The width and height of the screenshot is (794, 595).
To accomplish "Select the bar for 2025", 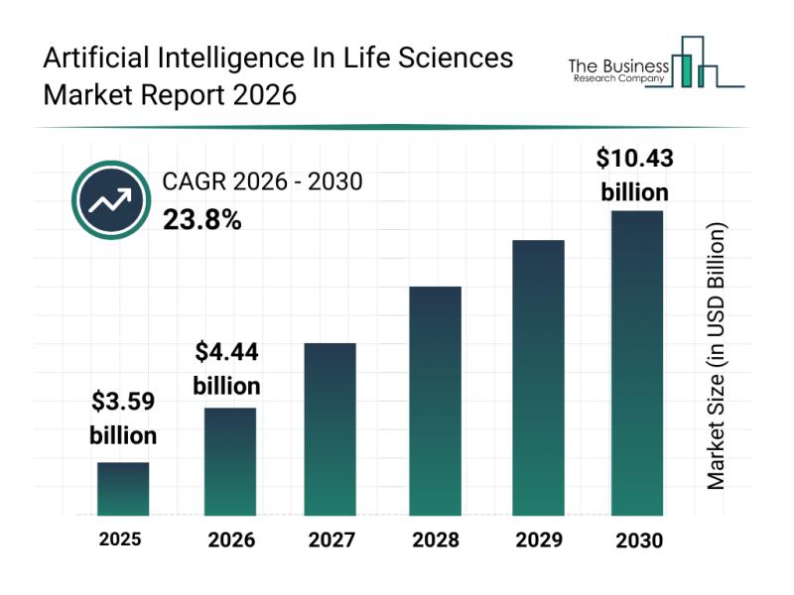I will tap(123, 489).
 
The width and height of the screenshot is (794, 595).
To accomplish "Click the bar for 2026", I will tap(230, 461).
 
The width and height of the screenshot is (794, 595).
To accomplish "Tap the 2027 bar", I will tap(331, 428).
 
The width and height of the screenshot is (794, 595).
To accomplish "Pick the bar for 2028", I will tap(435, 401).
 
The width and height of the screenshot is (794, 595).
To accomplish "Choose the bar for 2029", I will tap(538, 378).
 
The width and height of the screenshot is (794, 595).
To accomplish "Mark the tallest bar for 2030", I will tap(636, 363).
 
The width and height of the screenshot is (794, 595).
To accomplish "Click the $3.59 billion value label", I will tap(123, 418).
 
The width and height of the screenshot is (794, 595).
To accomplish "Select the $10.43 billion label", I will tap(636, 175).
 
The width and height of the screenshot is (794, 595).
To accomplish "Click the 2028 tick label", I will tap(435, 540).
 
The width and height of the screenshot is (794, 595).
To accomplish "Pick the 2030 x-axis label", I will tap(638, 540).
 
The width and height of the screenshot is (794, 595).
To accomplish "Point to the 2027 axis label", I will tap(331, 540).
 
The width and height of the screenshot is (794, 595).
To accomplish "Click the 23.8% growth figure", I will tap(201, 219).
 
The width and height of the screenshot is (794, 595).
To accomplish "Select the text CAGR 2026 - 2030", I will tap(262, 181).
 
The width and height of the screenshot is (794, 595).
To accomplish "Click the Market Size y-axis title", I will tap(717, 355).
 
